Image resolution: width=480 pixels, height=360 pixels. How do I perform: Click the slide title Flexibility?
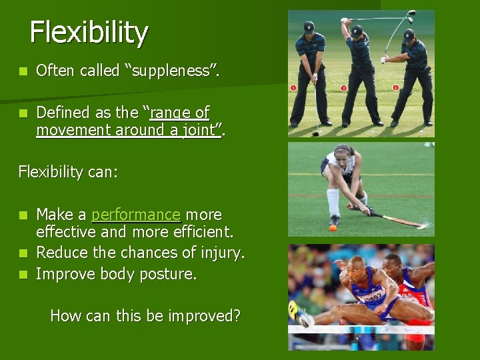coord(89,33)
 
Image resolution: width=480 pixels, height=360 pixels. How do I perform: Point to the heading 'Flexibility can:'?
coord(68,172)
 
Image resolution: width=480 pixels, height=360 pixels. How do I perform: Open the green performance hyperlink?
coord(136,215)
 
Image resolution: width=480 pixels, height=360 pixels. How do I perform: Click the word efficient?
coord(204,233)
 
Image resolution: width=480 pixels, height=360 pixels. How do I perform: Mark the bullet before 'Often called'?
coord(23,71)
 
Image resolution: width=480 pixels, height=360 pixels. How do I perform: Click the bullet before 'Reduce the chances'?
coord(23,253)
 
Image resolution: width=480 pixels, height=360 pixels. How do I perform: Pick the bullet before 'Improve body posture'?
coord(23,274)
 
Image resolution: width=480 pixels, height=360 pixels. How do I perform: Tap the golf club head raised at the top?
coord(411,13)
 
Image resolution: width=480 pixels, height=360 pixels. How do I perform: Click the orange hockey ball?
coord(333,228)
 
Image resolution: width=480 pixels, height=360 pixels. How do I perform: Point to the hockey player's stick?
coord(393,219)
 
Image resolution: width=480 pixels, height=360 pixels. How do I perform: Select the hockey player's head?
coord(343,153)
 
